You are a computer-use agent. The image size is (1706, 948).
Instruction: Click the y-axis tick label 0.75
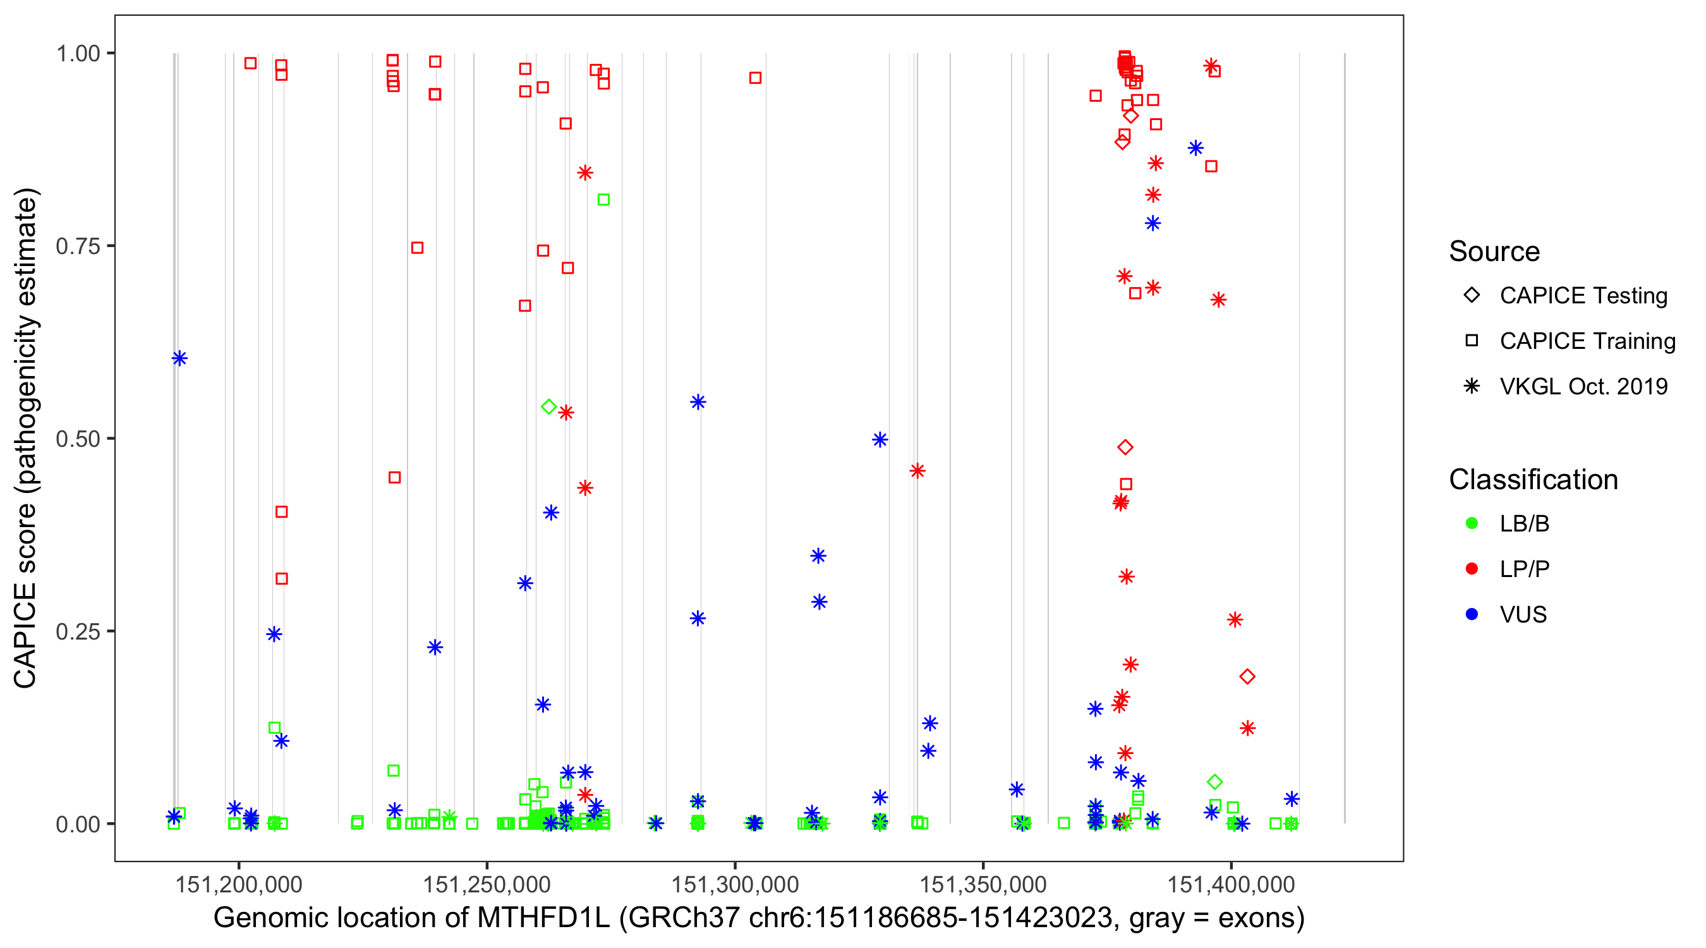(77, 246)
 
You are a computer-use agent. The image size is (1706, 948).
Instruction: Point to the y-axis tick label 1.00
(77, 53)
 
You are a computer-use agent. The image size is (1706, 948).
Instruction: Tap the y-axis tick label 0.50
(77, 439)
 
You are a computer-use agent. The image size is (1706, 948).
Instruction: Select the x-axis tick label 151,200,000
(238, 884)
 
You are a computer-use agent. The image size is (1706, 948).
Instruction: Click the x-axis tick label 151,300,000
(735, 884)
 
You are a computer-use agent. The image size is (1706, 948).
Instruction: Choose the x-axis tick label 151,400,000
(1231, 884)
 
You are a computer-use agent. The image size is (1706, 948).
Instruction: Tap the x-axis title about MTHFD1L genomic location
(758, 918)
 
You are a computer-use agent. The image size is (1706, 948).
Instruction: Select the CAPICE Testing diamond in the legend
(1472, 296)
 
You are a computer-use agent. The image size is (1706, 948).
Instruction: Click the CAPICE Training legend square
(1472, 341)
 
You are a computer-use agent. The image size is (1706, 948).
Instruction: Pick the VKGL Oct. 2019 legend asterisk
(1472, 386)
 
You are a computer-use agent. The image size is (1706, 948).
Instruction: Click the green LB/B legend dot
(1472, 523)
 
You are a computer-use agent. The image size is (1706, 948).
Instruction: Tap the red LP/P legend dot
(1472, 569)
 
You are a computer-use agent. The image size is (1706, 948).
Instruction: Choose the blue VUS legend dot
(1472, 614)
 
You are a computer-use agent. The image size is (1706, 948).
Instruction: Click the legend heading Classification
(1533, 480)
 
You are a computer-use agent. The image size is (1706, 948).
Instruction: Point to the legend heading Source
(1494, 252)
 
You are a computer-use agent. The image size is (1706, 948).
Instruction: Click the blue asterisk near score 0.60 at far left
(179, 358)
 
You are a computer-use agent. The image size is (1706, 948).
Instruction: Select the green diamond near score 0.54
(548, 407)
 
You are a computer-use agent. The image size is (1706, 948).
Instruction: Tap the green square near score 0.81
(603, 200)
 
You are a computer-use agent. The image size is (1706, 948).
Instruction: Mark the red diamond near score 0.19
(1247, 676)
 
